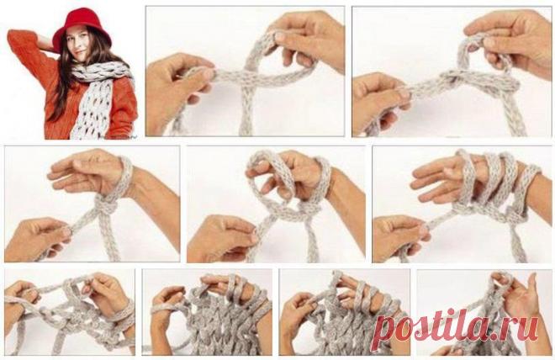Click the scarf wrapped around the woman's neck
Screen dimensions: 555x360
coord(102,71)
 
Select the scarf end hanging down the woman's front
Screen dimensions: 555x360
coord(91,109)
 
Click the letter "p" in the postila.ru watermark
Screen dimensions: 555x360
coord(385,331)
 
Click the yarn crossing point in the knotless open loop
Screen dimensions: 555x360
coord(250,74)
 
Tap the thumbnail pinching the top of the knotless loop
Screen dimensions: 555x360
coord(280,36)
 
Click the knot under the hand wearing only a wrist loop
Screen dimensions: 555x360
coord(105,205)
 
